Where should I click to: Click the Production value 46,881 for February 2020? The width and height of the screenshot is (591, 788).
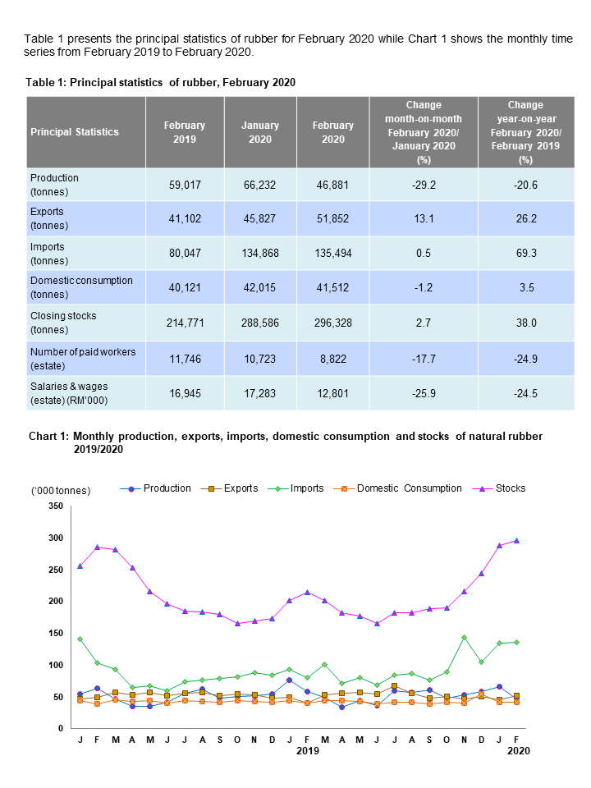click(x=332, y=185)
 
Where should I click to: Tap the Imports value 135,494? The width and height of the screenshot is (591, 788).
click(x=332, y=254)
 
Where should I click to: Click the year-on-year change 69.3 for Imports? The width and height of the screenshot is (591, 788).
click(x=525, y=254)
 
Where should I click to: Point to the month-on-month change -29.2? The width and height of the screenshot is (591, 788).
click(x=424, y=185)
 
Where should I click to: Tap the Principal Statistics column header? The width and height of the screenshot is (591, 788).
click(x=75, y=132)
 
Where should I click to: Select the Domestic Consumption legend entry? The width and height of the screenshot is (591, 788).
click(x=406, y=488)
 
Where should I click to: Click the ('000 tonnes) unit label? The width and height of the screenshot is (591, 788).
click(x=61, y=491)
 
